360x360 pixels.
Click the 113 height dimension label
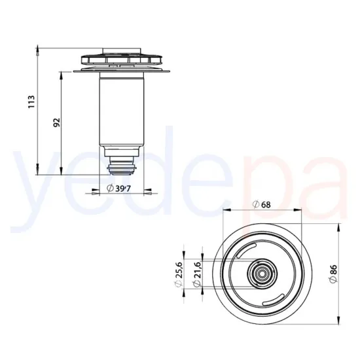coord(31,103)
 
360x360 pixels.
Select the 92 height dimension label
coord(56,122)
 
